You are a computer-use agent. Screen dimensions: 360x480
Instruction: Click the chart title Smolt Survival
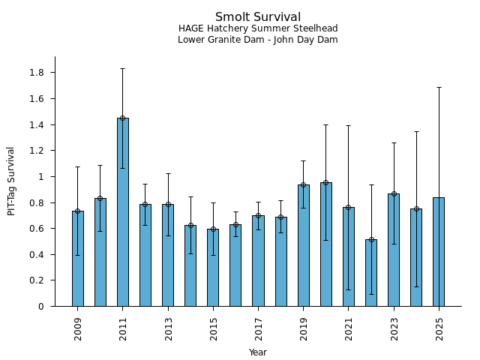tap(258, 17)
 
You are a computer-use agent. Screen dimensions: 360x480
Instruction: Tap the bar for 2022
tap(371, 273)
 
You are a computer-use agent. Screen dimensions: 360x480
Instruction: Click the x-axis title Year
tap(258, 352)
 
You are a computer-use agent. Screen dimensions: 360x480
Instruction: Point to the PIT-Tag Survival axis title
tap(11, 181)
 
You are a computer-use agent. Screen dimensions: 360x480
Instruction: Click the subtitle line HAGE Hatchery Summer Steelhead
tap(258, 28)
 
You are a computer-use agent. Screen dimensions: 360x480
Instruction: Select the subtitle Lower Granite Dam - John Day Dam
tap(258, 40)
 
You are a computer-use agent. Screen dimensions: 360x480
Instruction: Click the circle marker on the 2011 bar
tap(123, 118)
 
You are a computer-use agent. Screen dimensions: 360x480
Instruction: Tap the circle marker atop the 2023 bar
tap(394, 193)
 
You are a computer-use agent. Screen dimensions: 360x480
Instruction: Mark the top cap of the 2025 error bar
tap(439, 87)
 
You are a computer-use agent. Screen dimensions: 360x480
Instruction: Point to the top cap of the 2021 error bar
tap(349, 125)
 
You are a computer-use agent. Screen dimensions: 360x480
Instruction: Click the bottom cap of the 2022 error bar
tap(371, 294)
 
